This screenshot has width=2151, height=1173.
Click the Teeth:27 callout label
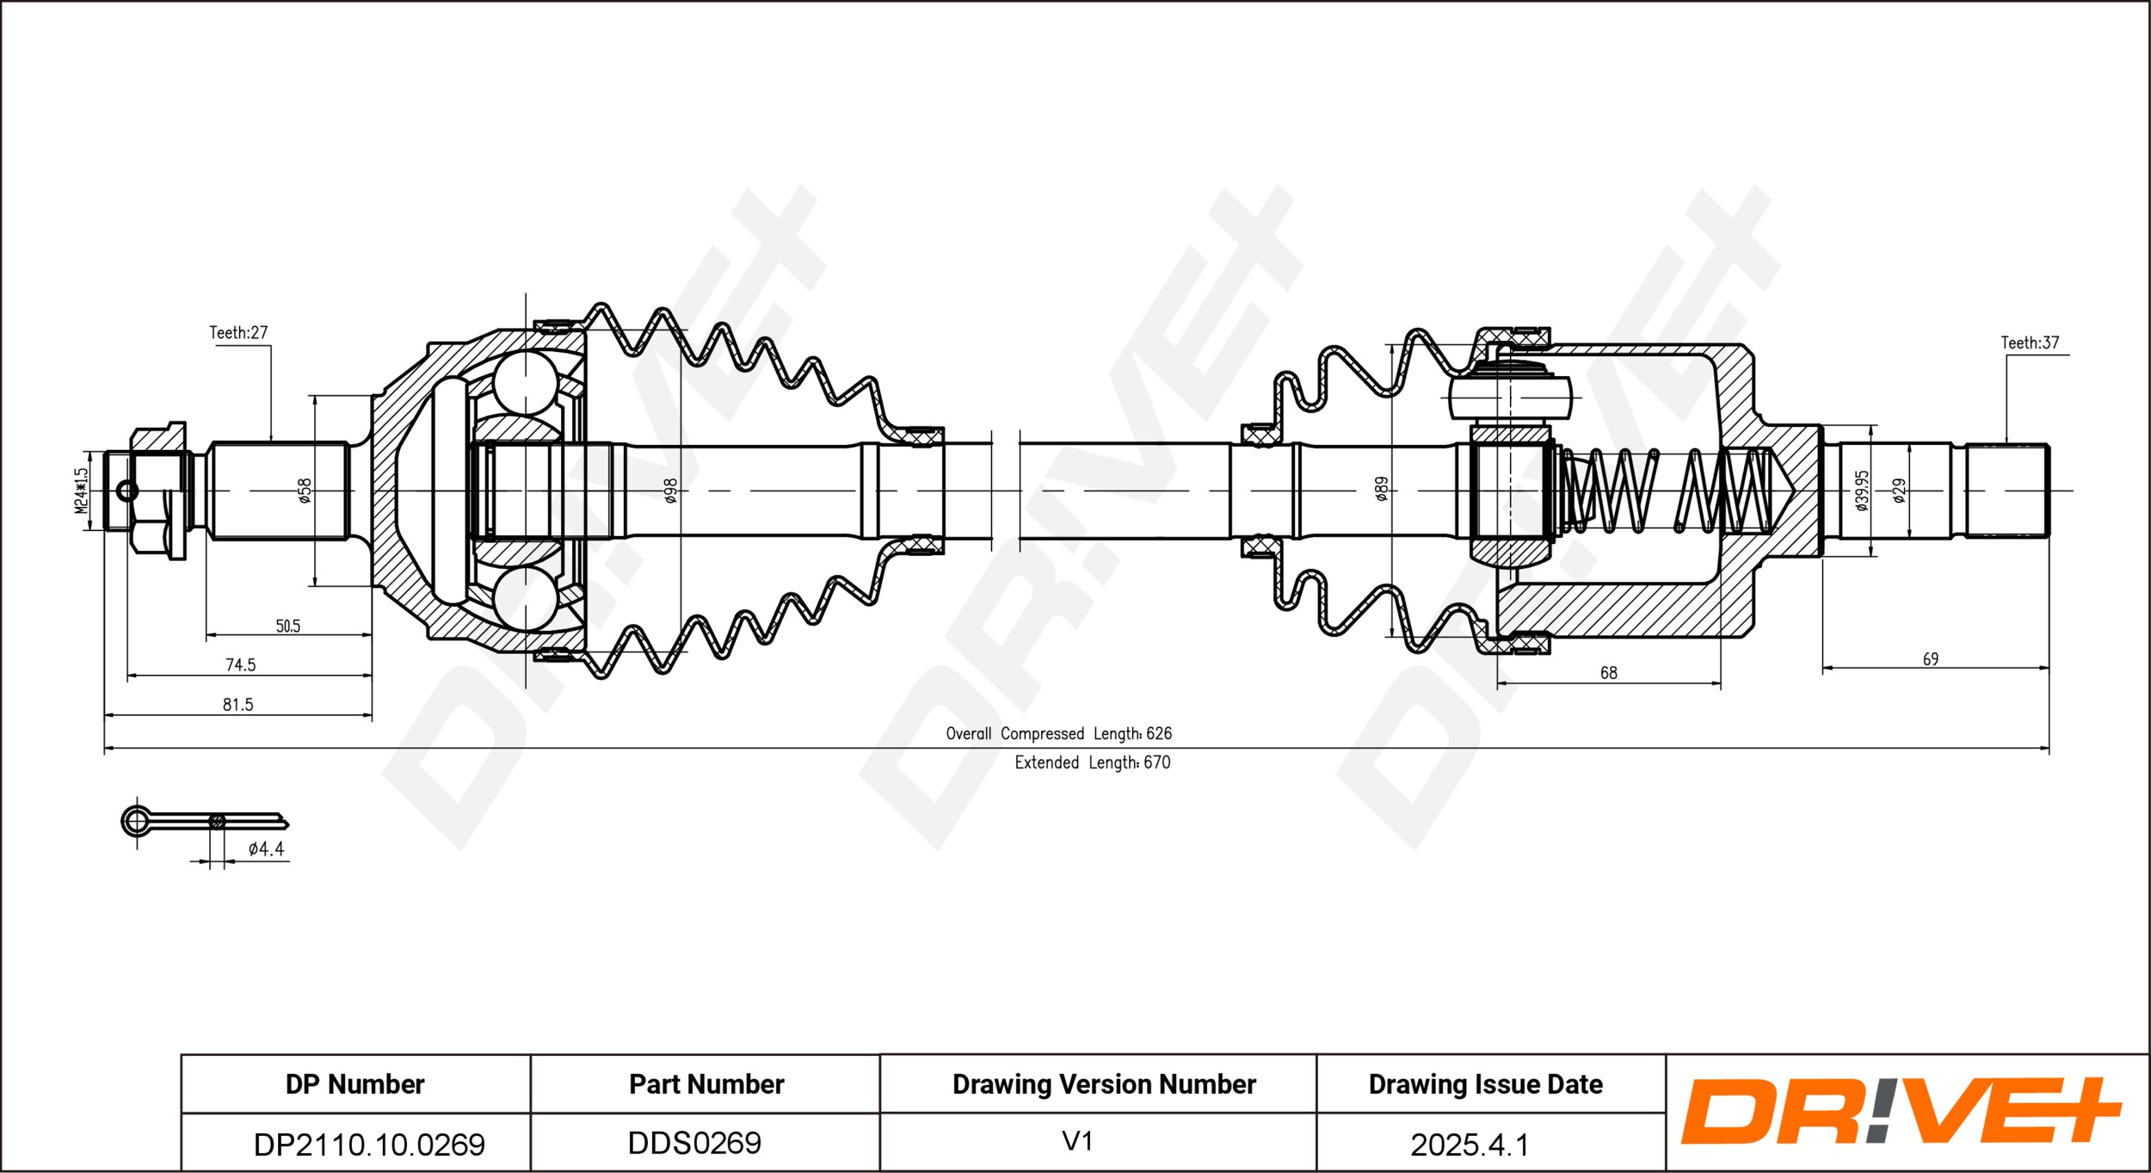(x=238, y=332)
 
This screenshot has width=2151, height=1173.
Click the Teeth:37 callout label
(x=2030, y=343)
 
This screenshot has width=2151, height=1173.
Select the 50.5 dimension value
(x=288, y=626)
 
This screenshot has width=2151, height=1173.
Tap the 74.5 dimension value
(x=241, y=664)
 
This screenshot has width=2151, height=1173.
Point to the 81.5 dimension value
(x=238, y=704)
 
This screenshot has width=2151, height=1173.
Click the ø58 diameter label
(x=304, y=490)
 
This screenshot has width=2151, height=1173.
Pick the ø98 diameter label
(x=671, y=490)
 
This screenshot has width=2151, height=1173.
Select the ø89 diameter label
(x=1382, y=488)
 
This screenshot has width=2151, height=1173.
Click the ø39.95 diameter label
(x=1862, y=490)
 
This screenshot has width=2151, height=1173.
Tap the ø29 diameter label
(x=1899, y=490)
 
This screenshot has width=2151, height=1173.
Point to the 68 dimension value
(x=1609, y=673)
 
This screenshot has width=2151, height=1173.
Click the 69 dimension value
(x=1931, y=658)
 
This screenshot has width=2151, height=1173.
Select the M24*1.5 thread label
(x=81, y=491)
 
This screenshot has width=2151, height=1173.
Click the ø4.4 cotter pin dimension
(x=267, y=849)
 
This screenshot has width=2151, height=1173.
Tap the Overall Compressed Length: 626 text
(x=1059, y=733)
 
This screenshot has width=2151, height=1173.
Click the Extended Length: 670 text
(x=1093, y=762)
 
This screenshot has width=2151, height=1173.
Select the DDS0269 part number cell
(x=706, y=1142)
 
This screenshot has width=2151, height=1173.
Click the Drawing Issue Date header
(x=1486, y=1084)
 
